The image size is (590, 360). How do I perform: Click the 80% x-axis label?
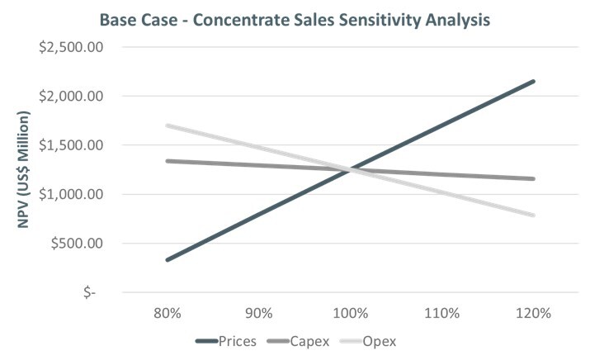(168, 314)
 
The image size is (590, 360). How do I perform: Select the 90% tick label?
(259, 314)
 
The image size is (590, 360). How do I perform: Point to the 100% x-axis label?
(351, 314)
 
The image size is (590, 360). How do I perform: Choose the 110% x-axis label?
(442, 314)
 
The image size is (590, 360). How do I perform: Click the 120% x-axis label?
(533, 314)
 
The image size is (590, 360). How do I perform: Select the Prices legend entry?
(227, 339)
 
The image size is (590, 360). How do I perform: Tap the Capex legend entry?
(304, 339)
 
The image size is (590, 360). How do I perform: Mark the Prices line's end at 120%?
(533, 81)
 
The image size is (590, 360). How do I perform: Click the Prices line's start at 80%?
(168, 260)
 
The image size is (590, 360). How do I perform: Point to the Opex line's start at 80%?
(168, 126)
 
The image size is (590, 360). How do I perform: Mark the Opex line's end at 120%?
(533, 216)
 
